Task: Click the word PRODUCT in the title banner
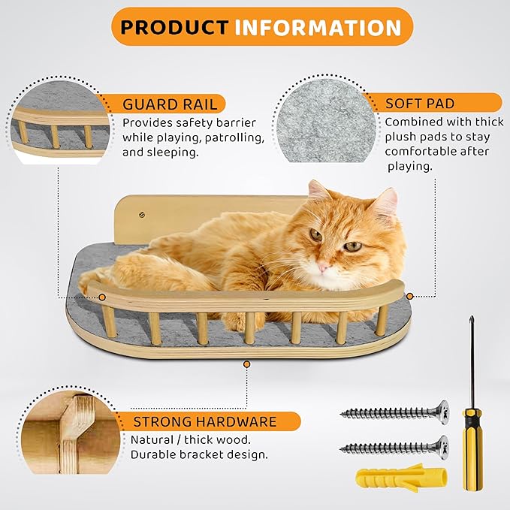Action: pyautogui.click(x=174, y=28)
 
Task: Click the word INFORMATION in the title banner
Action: pyautogui.click(x=318, y=28)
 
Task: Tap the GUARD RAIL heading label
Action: pyautogui.click(x=170, y=104)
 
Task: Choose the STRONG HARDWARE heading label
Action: pyautogui.click(x=204, y=421)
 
